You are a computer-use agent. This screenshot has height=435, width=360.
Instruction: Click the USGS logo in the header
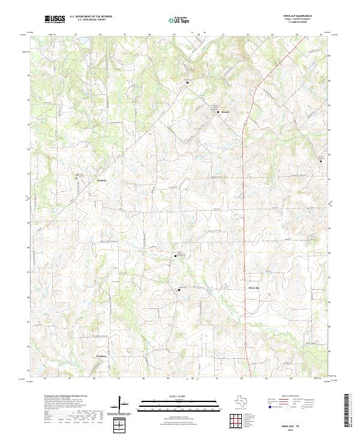point(55,19)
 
